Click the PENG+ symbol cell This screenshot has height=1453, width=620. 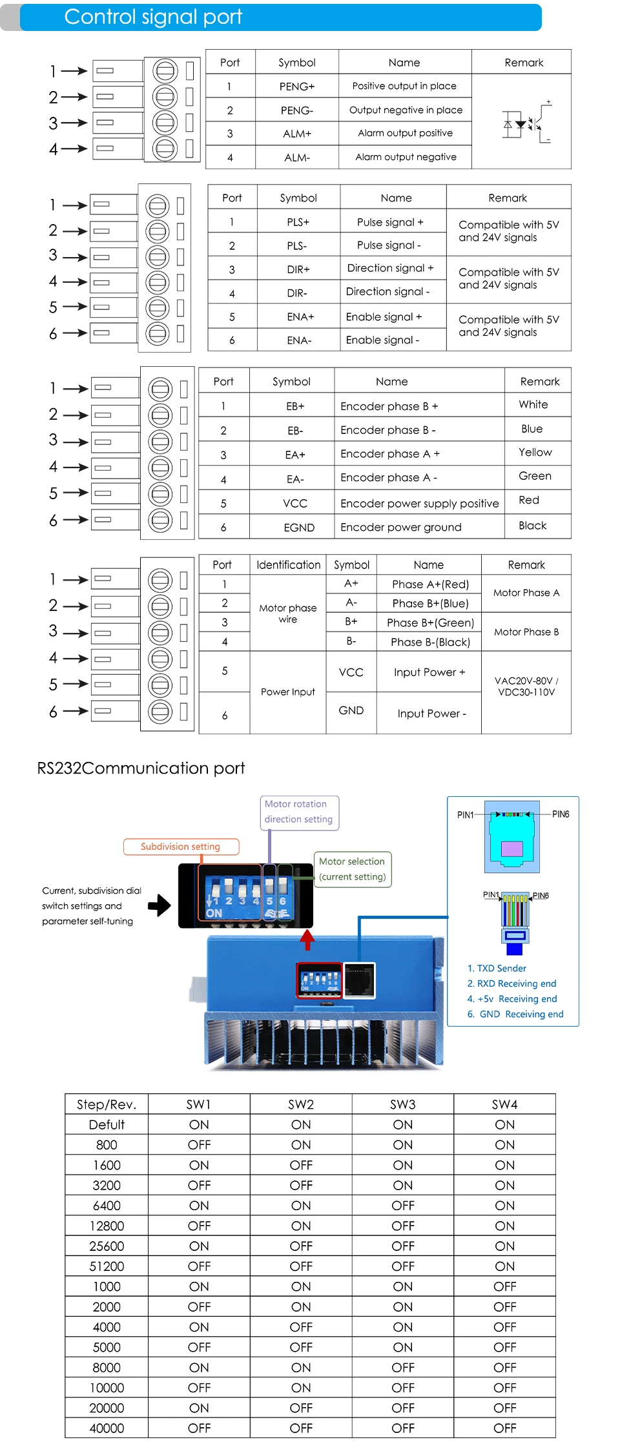click(296, 87)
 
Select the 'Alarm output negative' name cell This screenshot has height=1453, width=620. click(406, 157)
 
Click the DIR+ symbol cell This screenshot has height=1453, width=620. click(298, 270)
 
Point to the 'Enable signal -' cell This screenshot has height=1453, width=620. click(382, 340)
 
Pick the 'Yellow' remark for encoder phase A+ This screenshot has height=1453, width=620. click(535, 453)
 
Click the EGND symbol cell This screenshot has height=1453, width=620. click(298, 528)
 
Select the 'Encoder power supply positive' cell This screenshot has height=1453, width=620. click(419, 504)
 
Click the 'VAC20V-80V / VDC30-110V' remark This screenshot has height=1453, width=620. click(526, 686)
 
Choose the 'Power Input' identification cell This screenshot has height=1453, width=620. click(287, 692)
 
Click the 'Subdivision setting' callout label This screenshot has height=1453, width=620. click(180, 847)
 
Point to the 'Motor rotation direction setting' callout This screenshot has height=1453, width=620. click(298, 812)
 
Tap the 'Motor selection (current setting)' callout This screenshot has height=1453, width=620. click(352, 869)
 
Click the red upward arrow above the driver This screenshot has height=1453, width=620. click(307, 940)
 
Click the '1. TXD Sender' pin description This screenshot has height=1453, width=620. click(496, 969)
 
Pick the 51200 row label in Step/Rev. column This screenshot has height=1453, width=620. click(107, 1266)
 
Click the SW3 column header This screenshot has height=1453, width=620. click(402, 1104)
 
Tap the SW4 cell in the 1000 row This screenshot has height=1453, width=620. click(504, 1286)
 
